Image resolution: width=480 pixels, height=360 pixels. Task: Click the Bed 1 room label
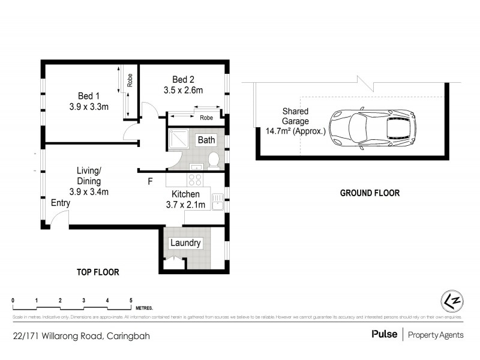(x=88, y=96)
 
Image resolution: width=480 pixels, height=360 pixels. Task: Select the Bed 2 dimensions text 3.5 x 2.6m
(x=183, y=91)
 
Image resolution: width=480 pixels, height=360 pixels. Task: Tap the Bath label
(x=206, y=140)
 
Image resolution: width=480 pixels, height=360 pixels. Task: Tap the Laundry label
(x=185, y=243)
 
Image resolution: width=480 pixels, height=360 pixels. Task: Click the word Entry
(x=60, y=203)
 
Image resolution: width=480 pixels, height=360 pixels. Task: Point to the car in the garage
(x=372, y=127)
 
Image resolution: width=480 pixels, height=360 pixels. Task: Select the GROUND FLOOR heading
(x=370, y=193)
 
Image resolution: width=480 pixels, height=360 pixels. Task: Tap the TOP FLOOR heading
(x=98, y=272)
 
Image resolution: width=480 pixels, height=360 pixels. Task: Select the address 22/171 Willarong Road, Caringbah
(x=80, y=336)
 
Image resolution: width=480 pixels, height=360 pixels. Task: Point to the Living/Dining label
(x=88, y=175)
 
